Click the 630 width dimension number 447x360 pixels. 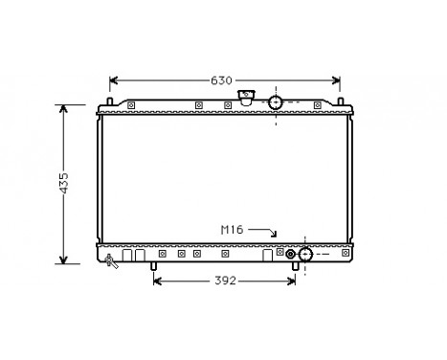pos(221,80)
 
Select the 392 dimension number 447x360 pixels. pos(223,281)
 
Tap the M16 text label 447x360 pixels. pos(233,230)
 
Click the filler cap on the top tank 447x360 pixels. pos(248,97)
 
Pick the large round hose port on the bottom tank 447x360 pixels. pos(306,255)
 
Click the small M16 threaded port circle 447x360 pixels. pos(291,255)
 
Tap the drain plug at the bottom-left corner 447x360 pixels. pos(113,259)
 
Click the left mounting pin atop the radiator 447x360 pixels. pos(111,101)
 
